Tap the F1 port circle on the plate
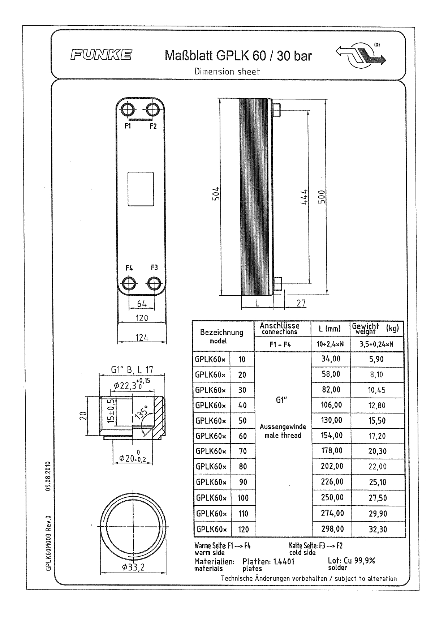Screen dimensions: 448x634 coord(128,110)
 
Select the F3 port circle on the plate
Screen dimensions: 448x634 coord(154,284)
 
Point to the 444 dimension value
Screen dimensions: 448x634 coord(304,197)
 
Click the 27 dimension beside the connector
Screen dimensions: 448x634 coord(301,303)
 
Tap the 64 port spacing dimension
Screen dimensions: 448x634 coord(142,304)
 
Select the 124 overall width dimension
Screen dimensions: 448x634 coord(142,338)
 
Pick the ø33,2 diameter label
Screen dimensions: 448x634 coord(133,567)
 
